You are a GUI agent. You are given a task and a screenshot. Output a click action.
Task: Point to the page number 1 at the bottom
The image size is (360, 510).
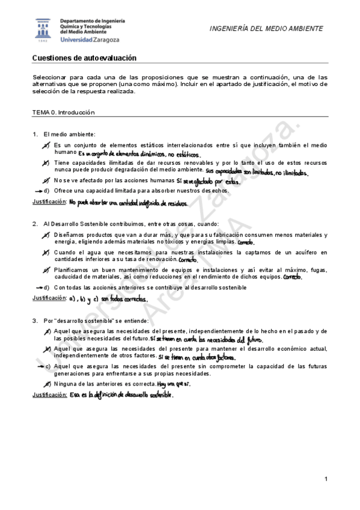pos(325,479)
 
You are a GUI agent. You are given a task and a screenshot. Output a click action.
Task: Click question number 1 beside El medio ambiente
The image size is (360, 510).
pos(35,134)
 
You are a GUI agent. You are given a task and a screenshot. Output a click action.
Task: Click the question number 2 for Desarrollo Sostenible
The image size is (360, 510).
pos(35,224)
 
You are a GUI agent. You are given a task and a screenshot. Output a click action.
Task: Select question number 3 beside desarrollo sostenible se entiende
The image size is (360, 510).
pos(35,321)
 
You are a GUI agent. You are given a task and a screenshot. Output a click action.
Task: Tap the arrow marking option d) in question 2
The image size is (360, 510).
pos(40,287)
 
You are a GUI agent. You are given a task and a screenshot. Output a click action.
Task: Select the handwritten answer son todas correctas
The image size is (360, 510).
pos(123,299)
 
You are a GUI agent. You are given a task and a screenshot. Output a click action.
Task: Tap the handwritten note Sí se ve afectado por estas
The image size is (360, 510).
pos(208,181)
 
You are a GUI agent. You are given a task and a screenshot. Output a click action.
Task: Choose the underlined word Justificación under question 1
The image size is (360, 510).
pos(48,201)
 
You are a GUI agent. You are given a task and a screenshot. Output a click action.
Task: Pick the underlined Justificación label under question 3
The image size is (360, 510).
pos(48,395)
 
